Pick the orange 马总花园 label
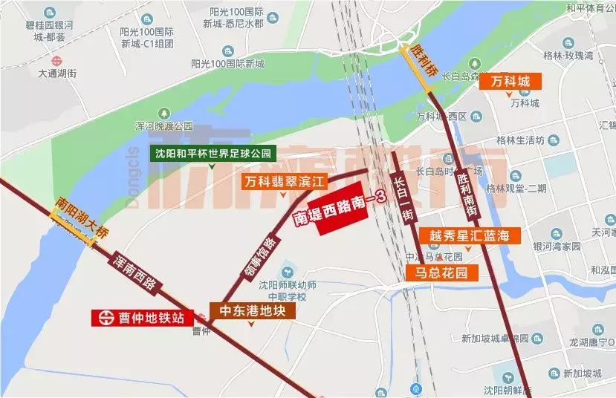coord(441,273)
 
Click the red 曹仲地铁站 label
coord(142,318)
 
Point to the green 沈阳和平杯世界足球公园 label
coord(213,154)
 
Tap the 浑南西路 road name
coord(134,271)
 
